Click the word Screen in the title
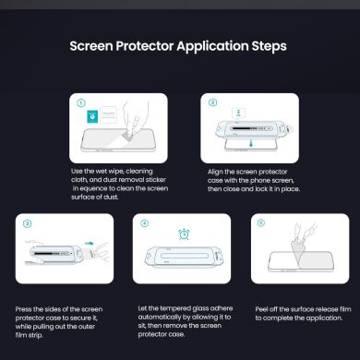coord(97,45)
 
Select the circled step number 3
coord(27,223)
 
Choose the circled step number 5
coord(261,223)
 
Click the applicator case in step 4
coord(184,258)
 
